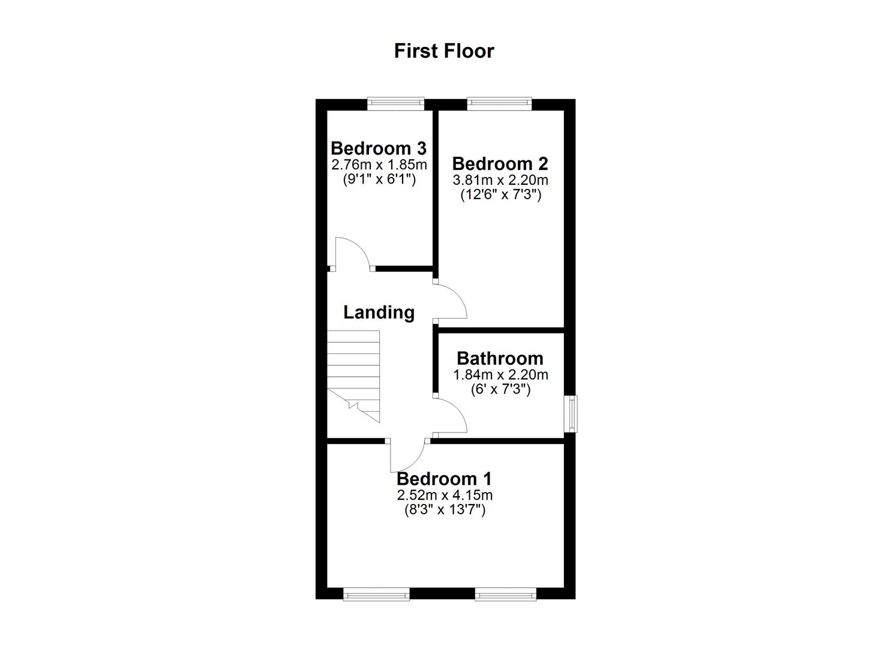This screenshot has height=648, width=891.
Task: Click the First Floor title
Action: tap(444, 51)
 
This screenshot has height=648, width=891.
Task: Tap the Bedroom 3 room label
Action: tap(379, 148)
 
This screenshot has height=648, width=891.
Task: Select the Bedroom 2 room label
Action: tap(500, 163)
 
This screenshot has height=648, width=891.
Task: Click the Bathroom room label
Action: tap(500, 358)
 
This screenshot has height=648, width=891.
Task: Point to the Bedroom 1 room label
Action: tap(444, 479)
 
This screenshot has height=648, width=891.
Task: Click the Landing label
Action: tap(379, 312)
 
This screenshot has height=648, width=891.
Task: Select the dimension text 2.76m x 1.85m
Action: tap(379, 164)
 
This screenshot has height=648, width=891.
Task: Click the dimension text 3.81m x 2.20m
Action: tap(500, 179)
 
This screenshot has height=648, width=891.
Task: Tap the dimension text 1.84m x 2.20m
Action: tap(500, 375)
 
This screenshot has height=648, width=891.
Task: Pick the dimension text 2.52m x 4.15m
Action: tap(445, 495)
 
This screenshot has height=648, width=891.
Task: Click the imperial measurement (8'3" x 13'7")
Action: tap(445, 510)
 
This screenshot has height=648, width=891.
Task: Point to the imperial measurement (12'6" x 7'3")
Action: tap(500, 194)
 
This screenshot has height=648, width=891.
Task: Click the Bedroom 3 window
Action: tap(396, 104)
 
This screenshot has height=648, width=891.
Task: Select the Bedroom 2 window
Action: tap(500, 104)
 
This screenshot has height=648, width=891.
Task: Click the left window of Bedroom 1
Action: tap(376, 595)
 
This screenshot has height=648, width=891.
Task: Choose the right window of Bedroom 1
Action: tap(506, 595)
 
